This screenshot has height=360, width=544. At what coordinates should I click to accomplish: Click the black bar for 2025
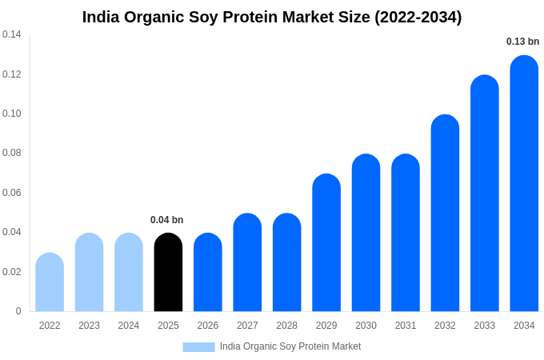click(168, 273)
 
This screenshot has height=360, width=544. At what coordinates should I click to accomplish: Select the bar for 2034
click(524, 184)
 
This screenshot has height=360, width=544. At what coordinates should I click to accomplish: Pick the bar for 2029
click(326, 243)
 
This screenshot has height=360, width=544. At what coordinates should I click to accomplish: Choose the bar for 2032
click(445, 214)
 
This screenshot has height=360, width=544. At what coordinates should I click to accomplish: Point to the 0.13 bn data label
click(522, 42)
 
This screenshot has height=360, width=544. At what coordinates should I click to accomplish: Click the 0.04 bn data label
click(166, 220)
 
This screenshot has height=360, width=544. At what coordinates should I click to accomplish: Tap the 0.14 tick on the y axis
click(12, 34)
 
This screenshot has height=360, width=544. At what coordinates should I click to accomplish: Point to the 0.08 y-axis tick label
click(12, 153)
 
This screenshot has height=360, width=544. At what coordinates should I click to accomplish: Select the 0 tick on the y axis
click(18, 311)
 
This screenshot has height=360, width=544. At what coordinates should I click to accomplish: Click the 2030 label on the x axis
click(366, 326)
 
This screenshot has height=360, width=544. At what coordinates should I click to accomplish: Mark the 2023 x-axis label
click(89, 326)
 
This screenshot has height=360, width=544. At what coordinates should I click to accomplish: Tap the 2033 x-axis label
click(484, 326)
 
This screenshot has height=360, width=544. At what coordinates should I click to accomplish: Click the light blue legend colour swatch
click(198, 346)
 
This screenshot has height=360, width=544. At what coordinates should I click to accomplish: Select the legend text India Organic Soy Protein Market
click(290, 346)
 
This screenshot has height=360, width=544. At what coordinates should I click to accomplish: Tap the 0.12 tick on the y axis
click(12, 74)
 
